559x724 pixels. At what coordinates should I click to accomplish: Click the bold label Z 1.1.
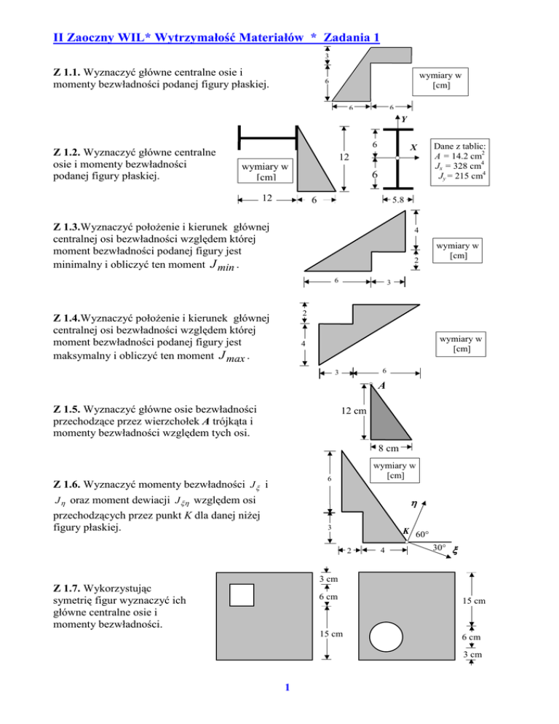pos(68,73)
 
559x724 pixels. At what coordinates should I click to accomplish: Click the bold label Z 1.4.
pos(68,318)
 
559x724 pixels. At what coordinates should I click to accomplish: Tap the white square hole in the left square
pos(241,594)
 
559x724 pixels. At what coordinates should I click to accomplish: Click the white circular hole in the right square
pos(389,638)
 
